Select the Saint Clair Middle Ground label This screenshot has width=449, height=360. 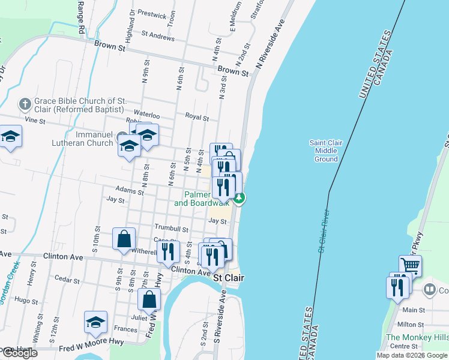click(x=326, y=151)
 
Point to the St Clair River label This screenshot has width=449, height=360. click(x=325, y=231)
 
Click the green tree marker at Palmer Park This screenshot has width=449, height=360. click(x=239, y=199)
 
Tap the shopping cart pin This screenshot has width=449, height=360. click(x=410, y=265)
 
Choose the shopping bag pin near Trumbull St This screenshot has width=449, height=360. click(x=124, y=238)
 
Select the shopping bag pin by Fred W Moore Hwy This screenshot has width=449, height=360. click(x=149, y=299)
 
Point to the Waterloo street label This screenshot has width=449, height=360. click(x=146, y=115)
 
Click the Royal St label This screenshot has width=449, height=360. click(x=196, y=118)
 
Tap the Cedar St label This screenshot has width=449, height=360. click(x=62, y=279)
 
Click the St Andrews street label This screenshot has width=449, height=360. click(x=157, y=37)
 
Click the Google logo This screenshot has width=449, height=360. click(x=19, y=353)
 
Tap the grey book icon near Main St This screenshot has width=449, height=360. click(x=429, y=290)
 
